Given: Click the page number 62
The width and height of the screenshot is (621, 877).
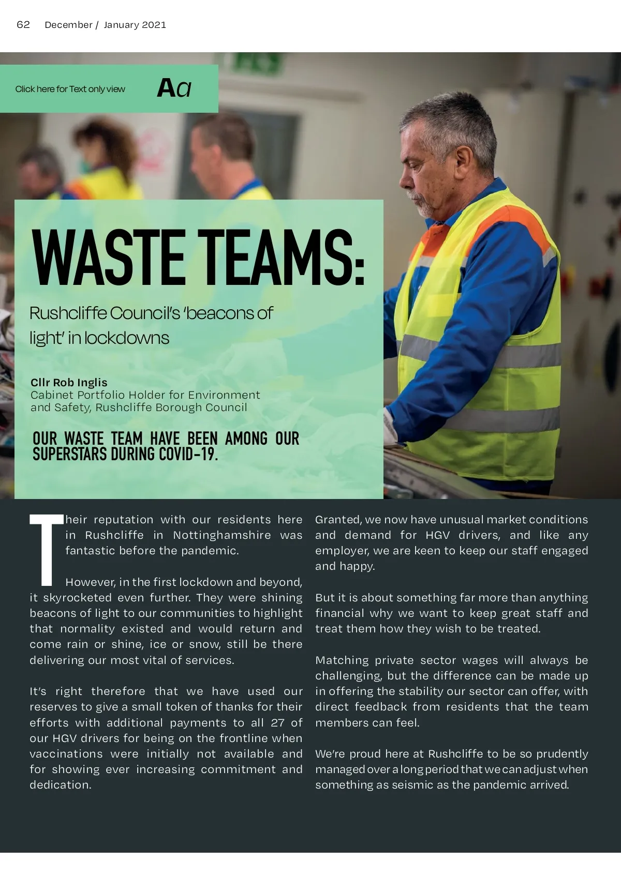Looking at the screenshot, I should (x=23, y=25).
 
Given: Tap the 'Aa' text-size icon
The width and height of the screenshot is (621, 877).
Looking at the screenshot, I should (x=174, y=88).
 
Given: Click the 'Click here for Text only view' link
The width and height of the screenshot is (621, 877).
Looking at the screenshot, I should (x=70, y=89).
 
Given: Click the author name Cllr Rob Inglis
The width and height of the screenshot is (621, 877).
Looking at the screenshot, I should (x=69, y=383).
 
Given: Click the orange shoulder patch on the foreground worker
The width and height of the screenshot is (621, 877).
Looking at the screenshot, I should (x=523, y=225).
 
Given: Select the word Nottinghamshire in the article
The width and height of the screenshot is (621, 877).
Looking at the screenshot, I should (x=222, y=535).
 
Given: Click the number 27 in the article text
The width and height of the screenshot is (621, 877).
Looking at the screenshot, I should (x=277, y=722).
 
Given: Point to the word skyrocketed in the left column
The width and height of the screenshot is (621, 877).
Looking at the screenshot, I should (x=77, y=598).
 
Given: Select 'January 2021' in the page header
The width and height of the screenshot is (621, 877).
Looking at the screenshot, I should (x=135, y=25).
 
